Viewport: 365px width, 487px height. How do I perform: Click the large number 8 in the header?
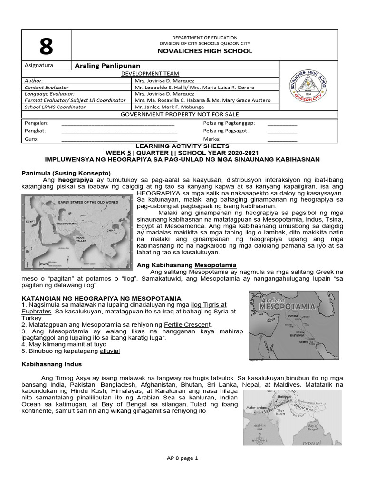tap(46, 46)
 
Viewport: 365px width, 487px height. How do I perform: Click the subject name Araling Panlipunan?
tap(107, 66)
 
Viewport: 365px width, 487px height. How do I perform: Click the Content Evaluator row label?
tap(47, 88)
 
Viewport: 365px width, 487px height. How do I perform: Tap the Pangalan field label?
tap(36, 123)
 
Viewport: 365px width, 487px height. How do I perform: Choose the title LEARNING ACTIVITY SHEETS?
tap(182, 146)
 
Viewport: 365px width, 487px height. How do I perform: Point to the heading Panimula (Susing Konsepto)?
tap(66, 173)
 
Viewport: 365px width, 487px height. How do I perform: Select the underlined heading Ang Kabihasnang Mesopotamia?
tap(186, 265)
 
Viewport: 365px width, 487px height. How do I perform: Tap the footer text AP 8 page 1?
tap(182, 458)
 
